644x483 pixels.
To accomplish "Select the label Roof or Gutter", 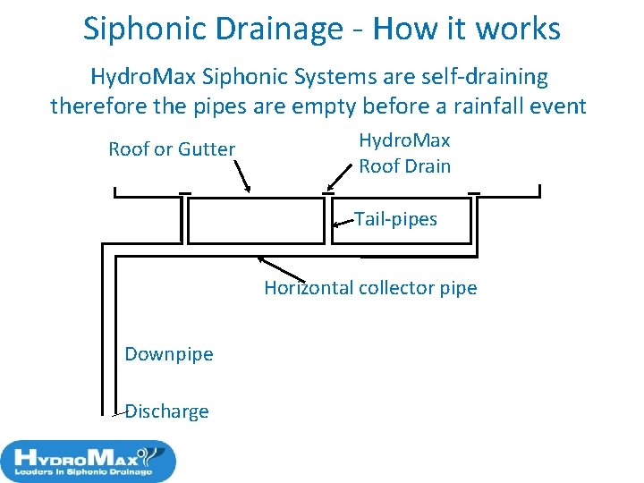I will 172,149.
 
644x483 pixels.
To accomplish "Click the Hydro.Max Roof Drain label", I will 404,153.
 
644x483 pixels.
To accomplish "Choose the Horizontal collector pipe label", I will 370,288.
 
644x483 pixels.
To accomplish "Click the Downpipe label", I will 169,354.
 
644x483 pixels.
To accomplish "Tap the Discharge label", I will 167,411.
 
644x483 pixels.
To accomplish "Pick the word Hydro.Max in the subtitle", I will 137,78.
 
